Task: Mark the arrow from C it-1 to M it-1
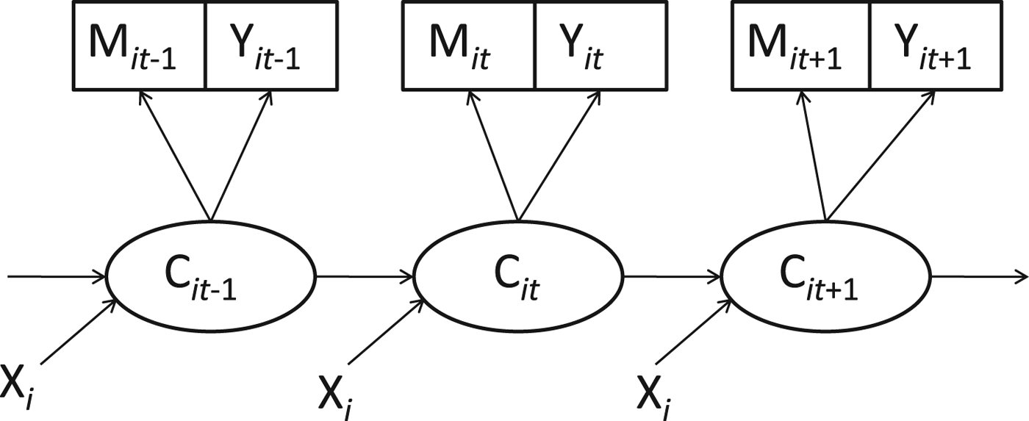point(176,159)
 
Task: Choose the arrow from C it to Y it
point(556,159)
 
